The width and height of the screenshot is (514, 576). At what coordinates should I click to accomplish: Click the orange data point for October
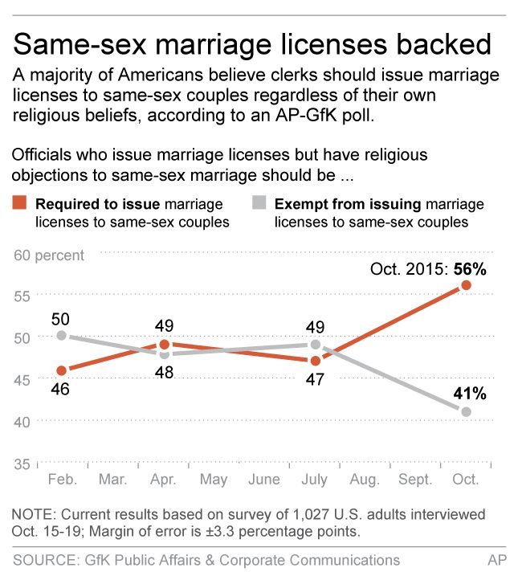click(467, 285)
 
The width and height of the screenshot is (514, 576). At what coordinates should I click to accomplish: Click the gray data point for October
click(467, 411)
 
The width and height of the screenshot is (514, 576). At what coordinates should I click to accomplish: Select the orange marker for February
click(61, 370)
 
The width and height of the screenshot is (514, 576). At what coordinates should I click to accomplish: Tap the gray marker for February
click(61, 336)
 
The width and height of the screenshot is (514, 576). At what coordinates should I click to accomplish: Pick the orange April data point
click(164, 345)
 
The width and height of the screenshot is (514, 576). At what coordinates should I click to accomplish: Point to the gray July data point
click(315, 345)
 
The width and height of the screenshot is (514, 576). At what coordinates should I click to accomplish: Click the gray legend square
click(260, 205)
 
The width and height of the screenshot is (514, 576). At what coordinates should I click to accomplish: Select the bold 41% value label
click(470, 394)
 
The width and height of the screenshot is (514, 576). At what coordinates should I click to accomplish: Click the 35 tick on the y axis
click(22, 464)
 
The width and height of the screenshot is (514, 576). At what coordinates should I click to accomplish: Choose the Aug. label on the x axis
click(365, 480)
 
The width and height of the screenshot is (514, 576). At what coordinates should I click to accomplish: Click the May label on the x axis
click(213, 480)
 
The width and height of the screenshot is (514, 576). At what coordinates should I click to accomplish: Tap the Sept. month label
click(415, 480)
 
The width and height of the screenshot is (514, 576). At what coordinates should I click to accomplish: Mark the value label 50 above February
click(60, 319)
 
